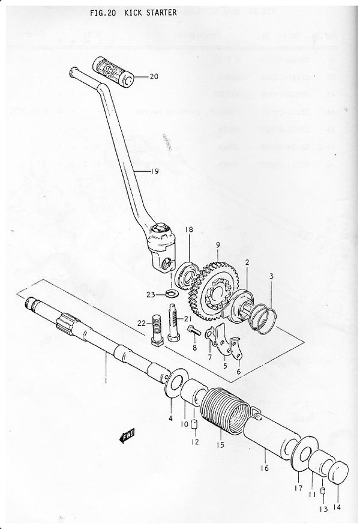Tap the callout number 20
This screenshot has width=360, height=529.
tap(154, 77)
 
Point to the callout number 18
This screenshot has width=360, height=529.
tap(189, 230)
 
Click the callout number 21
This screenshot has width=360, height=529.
tap(187, 318)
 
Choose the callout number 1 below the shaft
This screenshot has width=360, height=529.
tap(106, 380)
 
